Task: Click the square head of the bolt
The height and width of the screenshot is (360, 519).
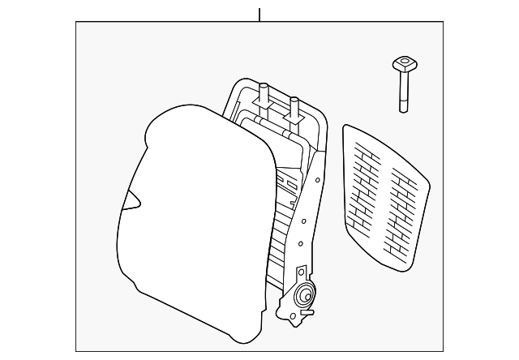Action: coord(401,62)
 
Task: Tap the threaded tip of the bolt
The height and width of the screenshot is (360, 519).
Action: coord(402,109)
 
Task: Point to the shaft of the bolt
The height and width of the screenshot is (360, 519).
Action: coord(402,89)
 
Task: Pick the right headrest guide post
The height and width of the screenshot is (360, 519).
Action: coord(294,105)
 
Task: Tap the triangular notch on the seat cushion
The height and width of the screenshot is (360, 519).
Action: coord(130,202)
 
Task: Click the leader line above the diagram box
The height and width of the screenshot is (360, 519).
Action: coord(259,15)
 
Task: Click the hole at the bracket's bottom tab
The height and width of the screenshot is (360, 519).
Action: coord(285,311)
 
